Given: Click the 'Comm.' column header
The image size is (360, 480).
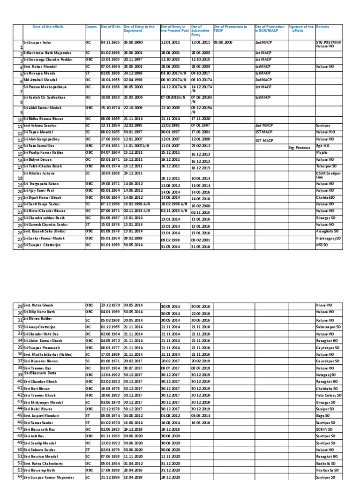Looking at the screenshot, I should pyautogui.click(x=91, y=27).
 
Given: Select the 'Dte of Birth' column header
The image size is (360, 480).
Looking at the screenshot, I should pyautogui.click(x=111, y=27).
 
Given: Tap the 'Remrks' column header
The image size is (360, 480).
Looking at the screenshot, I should pyautogui.click(x=322, y=27).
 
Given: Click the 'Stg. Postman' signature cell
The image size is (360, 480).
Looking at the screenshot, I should pyautogui.click(x=299, y=148).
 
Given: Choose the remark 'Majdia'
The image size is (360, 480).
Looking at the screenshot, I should pyautogui.click(x=322, y=153).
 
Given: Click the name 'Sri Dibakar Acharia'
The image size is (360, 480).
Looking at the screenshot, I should pyautogui.click(x=39, y=173).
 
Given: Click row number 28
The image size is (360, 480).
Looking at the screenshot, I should pyautogui.click(x=19, y=247).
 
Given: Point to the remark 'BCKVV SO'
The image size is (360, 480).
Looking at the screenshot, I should pyautogui.click(x=324, y=429).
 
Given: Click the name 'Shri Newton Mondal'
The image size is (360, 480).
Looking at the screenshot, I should pyautogui.click(x=41, y=456).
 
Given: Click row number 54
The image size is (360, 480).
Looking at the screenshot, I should pyautogui.click(x=20, y=477).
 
